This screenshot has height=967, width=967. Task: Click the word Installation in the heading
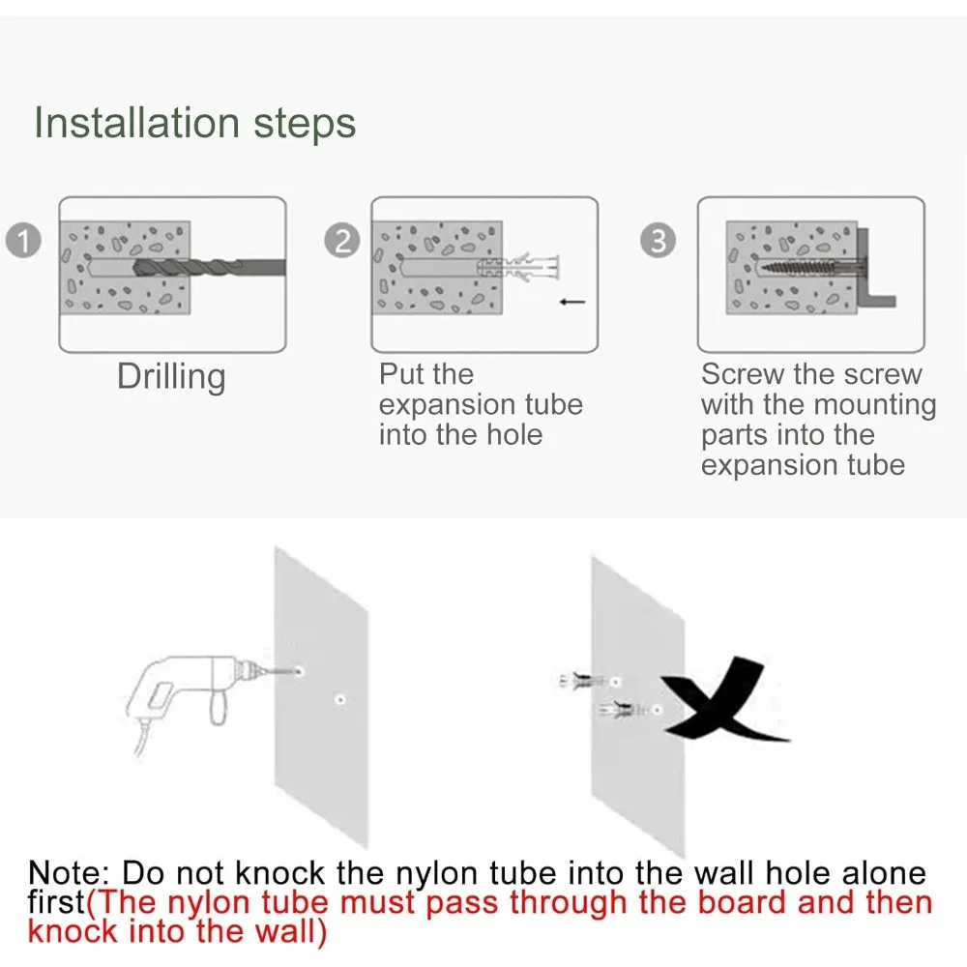[x=136, y=122]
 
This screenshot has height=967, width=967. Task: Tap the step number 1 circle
[x=23, y=240]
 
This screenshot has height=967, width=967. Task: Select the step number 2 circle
[x=341, y=240]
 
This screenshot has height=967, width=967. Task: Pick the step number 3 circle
[x=658, y=240]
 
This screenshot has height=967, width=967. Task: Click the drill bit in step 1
[x=210, y=268]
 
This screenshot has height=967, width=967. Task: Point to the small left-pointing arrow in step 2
[x=572, y=302]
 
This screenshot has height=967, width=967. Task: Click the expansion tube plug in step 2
[x=517, y=267]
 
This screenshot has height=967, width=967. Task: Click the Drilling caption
[x=171, y=376]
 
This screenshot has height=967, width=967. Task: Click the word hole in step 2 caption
[x=514, y=434]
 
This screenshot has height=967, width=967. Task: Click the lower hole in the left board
[x=339, y=699]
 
